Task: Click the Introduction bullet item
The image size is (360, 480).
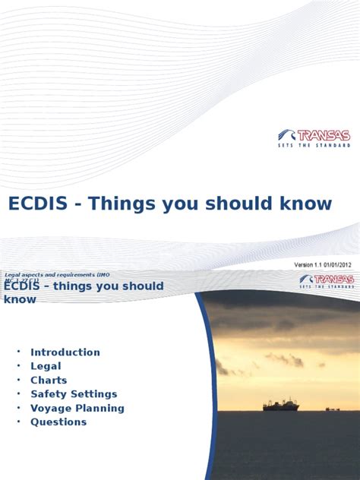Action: click(x=65, y=352)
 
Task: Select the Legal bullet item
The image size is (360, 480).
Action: click(x=46, y=366)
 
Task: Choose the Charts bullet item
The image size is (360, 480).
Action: click(x=49, y=380)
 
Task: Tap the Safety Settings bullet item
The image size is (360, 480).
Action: click(x=74, y=394)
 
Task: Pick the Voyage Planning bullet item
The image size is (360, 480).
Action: click(x=77, y=408)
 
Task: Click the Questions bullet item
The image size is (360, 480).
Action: click(x=58, y=422)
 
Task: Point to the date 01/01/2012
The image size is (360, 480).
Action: click(x=334, y=264)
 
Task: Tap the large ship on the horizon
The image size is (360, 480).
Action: click(x=280, y=406)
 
